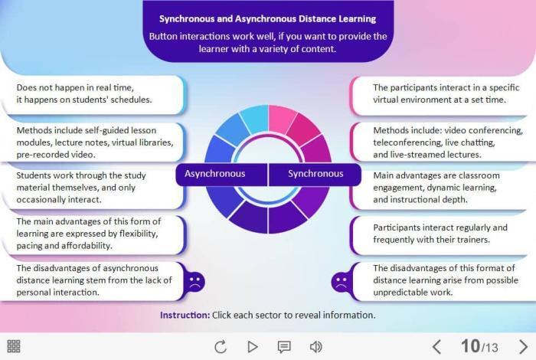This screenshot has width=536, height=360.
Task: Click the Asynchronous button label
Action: pos(214,174)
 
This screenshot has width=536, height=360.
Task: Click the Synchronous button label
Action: pos(315,174)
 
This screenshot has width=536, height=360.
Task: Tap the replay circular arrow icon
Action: pos(221,347)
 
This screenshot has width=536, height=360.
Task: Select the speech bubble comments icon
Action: pos(284,347)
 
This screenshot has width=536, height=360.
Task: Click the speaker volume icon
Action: pos(315,347)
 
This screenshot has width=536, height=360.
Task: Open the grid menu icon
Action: pos(14,346)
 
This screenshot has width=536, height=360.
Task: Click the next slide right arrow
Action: pos(523,347)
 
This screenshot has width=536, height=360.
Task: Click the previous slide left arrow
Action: pos(436,347)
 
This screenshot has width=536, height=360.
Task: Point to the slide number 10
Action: pos(470,346)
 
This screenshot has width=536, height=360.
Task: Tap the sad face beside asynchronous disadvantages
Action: pos(194,282)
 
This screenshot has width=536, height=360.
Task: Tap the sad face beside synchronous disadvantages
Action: pos(342,282)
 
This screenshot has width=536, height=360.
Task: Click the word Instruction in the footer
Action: pos(185,315)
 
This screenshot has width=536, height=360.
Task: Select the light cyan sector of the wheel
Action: pos(255,118)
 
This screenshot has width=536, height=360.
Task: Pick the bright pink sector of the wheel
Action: pos(281,119)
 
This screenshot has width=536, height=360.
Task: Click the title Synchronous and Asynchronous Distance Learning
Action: pos(268,19)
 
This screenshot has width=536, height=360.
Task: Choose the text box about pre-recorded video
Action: pos(93,142)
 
